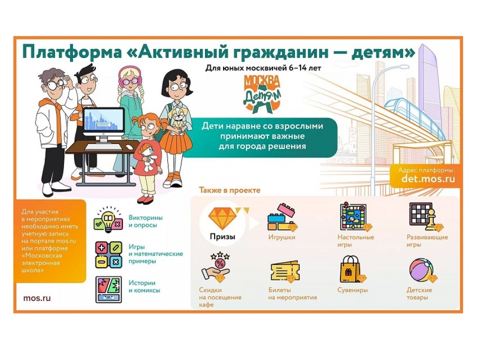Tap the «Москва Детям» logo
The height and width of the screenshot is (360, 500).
point(262,92)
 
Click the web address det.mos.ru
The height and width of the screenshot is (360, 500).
point(428,178)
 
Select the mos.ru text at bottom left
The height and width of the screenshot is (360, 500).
point(36,298)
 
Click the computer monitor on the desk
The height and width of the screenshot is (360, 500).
point(103,122)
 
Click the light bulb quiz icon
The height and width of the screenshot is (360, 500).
point(108,221)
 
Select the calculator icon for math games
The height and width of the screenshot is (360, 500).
point(108,254)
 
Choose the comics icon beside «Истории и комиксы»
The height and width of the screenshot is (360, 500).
point(108,289)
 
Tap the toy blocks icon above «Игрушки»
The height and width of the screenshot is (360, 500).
point(282,217)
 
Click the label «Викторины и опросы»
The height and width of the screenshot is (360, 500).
point(145,221)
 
